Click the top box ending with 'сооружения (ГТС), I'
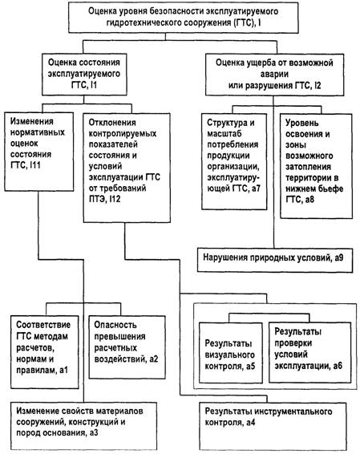(184, 17)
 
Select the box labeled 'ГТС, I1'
(84, 75)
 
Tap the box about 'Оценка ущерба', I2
(274, 75)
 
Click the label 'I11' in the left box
(34, 165)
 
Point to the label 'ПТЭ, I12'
(104, 199)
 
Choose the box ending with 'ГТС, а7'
(234, 161)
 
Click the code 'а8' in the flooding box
(309, 200)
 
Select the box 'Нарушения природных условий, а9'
(275, 260)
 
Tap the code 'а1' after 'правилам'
(63, 370)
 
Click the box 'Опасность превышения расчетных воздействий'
(127, 347)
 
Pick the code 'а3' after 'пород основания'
(93, 433)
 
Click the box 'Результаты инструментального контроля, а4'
(273, 426)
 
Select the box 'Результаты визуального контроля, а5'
(231, 353)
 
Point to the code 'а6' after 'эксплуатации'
(337, 366)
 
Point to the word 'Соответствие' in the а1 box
(43, 325)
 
